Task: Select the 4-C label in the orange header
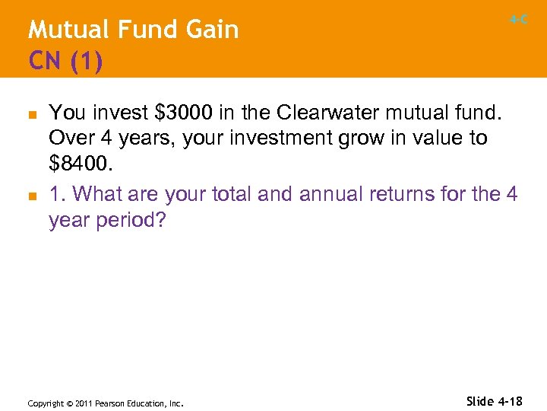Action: [x=519, y=21]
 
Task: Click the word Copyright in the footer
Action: [x=46, y=403]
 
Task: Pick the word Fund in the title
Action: [x=141, y=30]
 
